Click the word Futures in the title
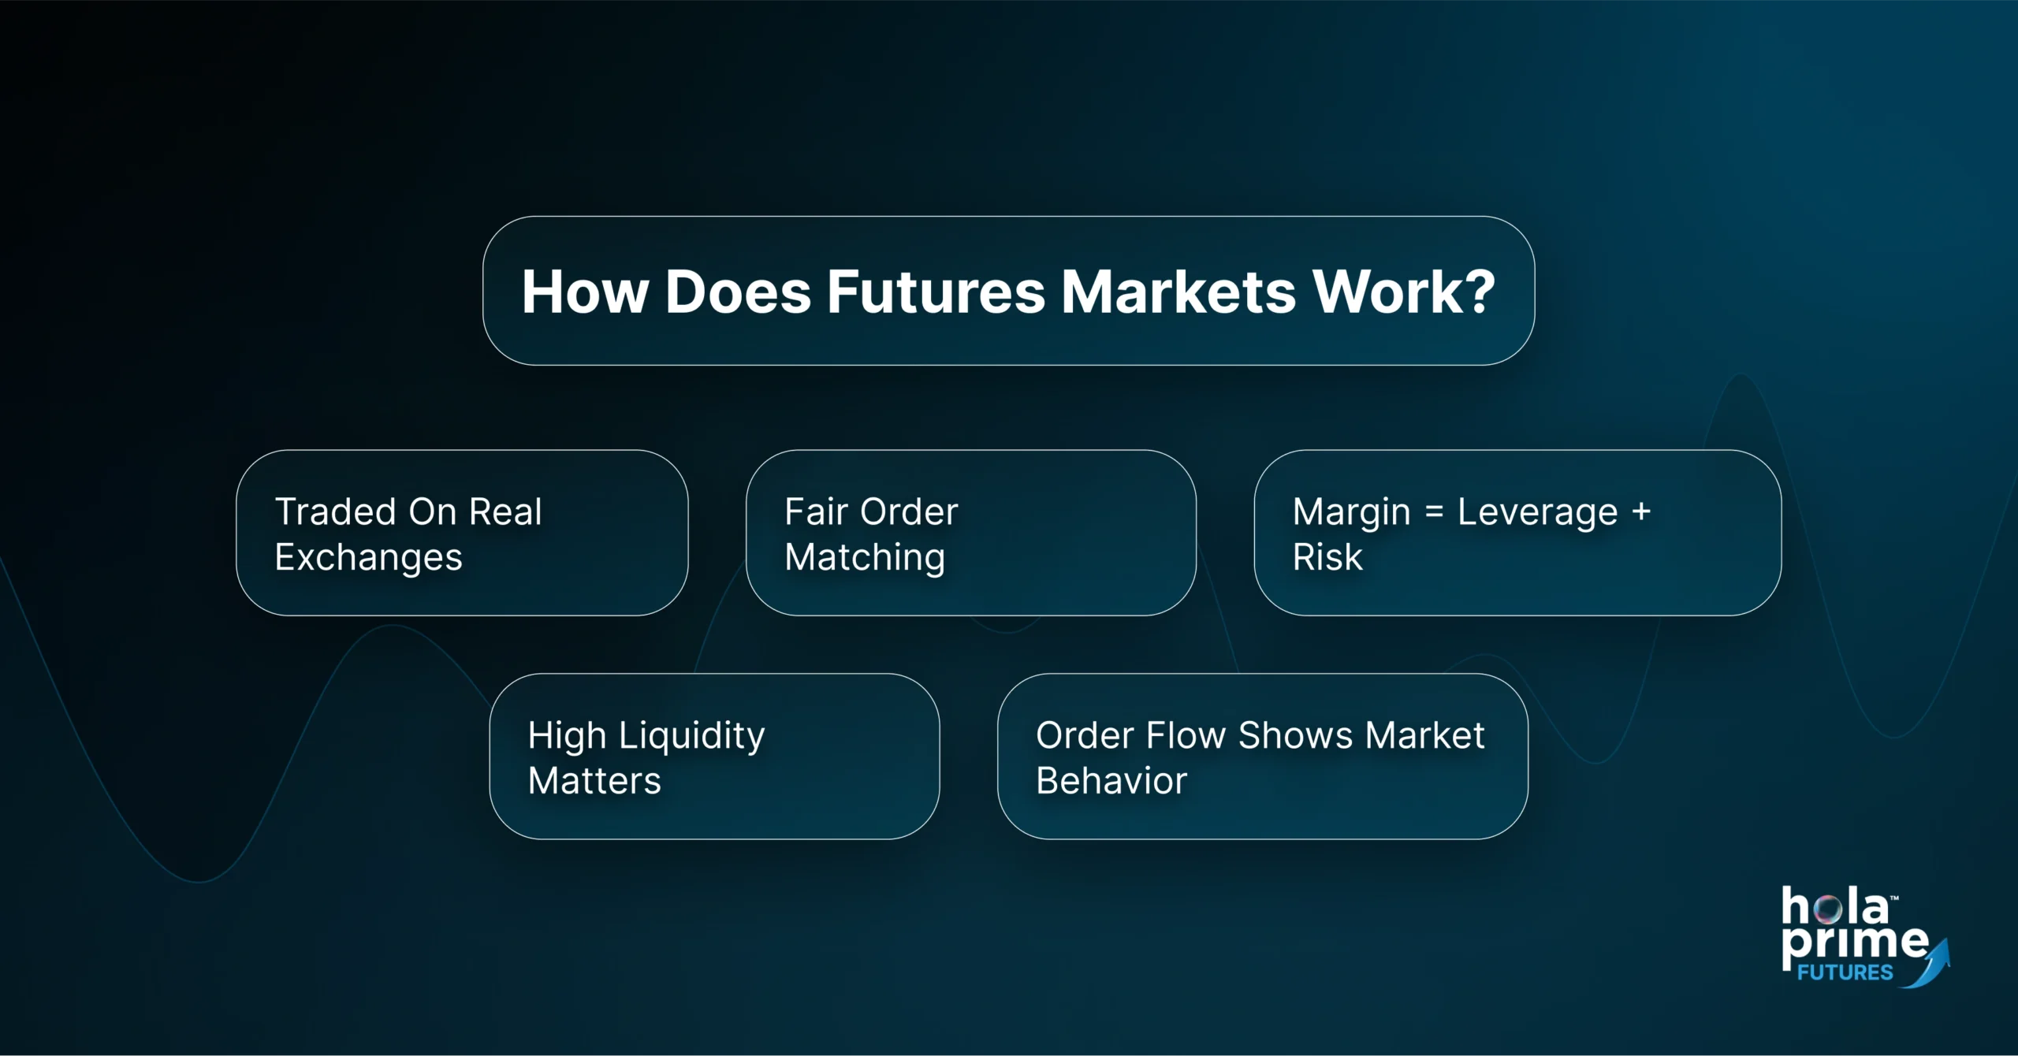click(935, 292)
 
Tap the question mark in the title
click(1473, 292)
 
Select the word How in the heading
click(584, 292)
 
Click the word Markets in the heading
click(1178, 292)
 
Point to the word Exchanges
click(368, 558)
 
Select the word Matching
click(865, 558)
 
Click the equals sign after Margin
click(1435, 512)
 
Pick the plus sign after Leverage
click(1642, 512)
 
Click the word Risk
click(1327, 558)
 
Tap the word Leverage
click(1537, 512)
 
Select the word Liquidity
click(691, 736)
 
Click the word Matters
click(594, 781)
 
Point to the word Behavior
click(1111, 781)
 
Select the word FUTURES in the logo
click(1845, 972)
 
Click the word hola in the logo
click(1834, 907)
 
